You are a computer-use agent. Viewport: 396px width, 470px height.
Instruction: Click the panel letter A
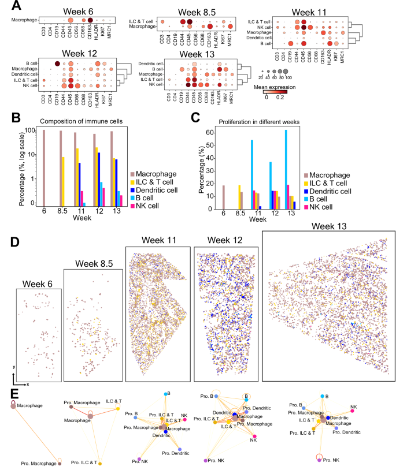click(x=17, y=6)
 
